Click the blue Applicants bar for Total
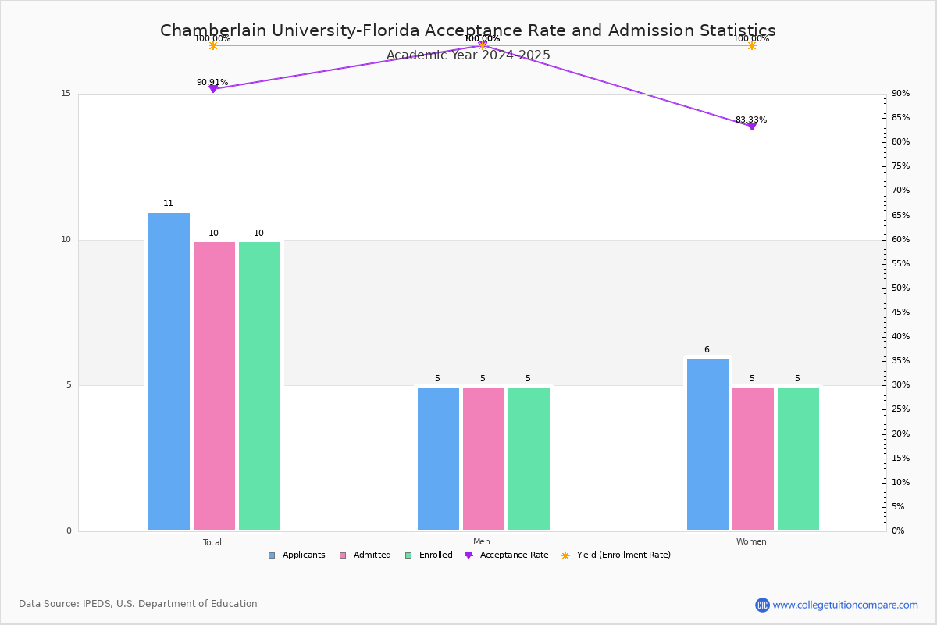169,371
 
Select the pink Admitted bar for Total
214,386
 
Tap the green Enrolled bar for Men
529,459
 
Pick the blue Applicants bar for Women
707,444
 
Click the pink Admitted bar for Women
753,459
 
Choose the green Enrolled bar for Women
798,459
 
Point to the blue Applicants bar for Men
438,459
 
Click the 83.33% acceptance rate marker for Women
752,126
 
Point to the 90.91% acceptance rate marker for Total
213,89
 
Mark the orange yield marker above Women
752,45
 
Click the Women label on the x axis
751,542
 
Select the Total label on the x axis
212,542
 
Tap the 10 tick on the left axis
66,240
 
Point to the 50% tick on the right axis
902,288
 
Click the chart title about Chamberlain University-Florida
468,31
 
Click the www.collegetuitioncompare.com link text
845,605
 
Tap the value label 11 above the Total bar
169,204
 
